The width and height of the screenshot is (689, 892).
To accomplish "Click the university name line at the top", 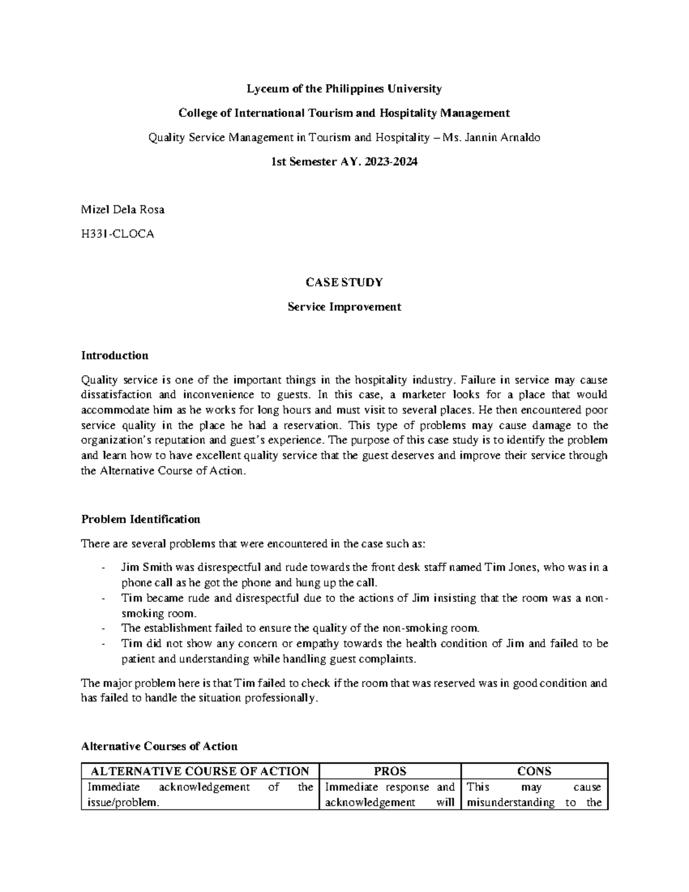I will pos(344,89).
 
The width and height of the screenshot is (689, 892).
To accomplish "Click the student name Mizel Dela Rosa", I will pos(123,210).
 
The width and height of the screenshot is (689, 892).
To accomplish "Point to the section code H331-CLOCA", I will pos(118,234).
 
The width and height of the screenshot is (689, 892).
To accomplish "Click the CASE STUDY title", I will pos(344,283).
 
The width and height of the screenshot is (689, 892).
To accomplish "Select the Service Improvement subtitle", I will pos(344,307).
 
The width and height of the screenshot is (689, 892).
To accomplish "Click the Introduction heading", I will pos(115,356).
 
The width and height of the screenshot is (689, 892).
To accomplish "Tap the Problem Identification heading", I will pos(141,519).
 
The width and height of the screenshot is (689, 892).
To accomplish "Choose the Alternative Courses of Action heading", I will pos(159,746).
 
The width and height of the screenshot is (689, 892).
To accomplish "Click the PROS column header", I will pos(390,771).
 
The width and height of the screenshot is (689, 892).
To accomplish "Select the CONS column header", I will pos(534,771).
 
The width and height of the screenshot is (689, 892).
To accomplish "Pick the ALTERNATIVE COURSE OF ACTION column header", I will pos(200,771).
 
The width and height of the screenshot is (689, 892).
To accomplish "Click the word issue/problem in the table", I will pos(119,802).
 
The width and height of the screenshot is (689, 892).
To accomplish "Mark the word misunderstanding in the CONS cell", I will pos(511,802).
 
